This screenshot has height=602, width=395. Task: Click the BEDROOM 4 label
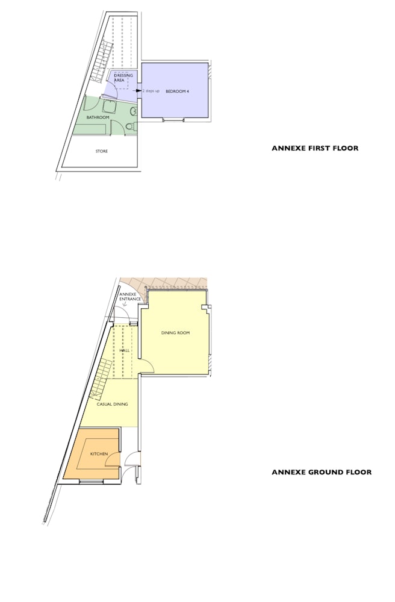177,92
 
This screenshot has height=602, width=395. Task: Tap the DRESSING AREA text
123,78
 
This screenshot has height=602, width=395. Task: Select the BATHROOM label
98,117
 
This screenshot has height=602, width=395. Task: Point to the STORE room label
102,151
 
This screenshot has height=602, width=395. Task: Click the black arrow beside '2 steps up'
137,91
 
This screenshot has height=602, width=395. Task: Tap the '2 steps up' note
151,91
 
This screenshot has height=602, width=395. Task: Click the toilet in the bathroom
131,126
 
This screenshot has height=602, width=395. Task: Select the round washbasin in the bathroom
133,112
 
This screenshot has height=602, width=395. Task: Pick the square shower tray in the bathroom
110,106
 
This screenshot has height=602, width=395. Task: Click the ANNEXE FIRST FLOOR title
315,148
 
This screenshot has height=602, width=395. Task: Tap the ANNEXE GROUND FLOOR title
322,472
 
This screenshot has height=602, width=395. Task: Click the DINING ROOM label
175,333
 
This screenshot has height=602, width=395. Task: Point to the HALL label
125,350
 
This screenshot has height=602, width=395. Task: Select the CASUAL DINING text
112,405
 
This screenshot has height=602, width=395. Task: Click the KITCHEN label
99,454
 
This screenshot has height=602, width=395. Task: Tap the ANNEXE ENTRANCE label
130,297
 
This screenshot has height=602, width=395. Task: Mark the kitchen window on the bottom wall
92,480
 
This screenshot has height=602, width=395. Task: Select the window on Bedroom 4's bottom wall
173,120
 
